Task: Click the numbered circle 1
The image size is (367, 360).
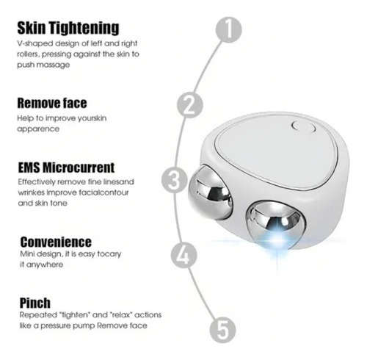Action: (x=228, y=29)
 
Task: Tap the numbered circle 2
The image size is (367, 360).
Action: (x=190, y=104)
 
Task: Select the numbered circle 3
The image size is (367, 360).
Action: (x=175, y=181)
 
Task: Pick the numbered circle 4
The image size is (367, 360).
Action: (x=183, y=255)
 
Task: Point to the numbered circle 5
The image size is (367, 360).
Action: (x=223, y=330)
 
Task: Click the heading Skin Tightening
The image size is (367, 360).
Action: (x=68, y=28)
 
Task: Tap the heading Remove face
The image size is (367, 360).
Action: (x=52, y=103)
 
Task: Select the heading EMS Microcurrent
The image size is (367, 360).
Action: (x=66, y=168)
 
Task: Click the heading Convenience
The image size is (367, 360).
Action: (x=56, y=242)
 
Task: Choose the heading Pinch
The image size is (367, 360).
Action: (x=35, y=303)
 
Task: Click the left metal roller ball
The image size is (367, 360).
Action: (x=210, y=192)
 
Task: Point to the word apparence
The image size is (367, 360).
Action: (x=38, y=129)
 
